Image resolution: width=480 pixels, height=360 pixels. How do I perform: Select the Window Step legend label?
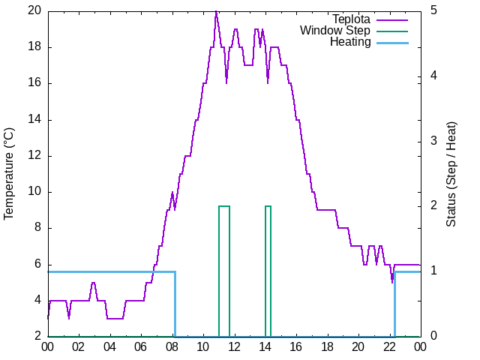point(335,31)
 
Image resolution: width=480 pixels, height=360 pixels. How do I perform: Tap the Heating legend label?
point(350,42)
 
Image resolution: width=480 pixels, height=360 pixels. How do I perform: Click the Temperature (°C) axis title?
point(9,173)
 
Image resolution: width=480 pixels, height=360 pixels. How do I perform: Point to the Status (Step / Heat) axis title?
point(451,173)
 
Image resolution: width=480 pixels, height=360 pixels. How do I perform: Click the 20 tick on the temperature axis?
point(34,10)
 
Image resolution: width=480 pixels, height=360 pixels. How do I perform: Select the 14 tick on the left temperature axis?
point(34,119)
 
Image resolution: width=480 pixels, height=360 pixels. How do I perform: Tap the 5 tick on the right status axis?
point(433,10)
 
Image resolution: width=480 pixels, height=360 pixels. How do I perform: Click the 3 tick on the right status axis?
point(433,141)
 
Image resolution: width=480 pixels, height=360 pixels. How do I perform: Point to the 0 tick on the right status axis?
point(433,337)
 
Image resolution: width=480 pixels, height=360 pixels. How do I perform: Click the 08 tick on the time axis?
point(172,346)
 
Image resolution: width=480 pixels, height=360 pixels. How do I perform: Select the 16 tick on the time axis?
point(296,346)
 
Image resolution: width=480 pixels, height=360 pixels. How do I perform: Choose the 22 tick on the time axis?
point(389,346)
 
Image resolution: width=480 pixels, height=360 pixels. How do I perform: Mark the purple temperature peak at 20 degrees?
point(216,11)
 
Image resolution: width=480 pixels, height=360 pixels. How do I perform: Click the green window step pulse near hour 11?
point(223,206)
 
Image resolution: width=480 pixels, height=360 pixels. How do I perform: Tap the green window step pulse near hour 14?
point(268,206)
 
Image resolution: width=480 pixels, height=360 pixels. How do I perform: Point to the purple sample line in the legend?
point(391,19)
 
